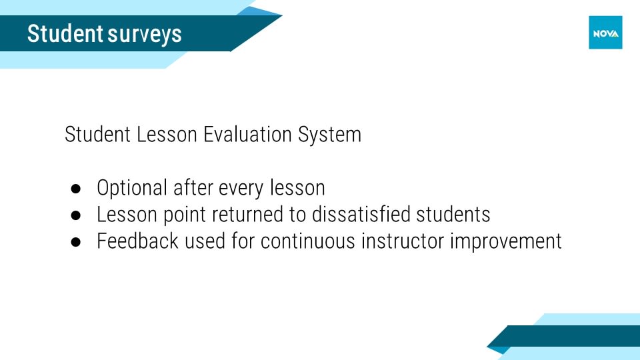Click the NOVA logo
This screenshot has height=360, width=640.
tap(605, 33)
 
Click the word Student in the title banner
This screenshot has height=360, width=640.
tap(65, 33)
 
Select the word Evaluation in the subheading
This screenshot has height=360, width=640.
tap(247, 134)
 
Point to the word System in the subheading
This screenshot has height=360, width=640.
tap(329, 135)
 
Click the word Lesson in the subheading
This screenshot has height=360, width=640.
tap(167, 134)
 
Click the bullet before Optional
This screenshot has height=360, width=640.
tap(75, 189)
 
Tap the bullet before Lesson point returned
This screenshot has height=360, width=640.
tap(75, 215)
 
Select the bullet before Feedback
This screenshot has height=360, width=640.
tap(75, 242)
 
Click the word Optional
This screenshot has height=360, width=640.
tap(132, 189)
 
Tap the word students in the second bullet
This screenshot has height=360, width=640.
tap(453, 214)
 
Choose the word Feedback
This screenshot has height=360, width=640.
tap(137, 241)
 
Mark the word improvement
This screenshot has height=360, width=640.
tap(506, 242)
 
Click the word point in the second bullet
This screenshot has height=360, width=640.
tap(185, 215)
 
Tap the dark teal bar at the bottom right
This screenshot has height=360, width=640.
tap(567, 336)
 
